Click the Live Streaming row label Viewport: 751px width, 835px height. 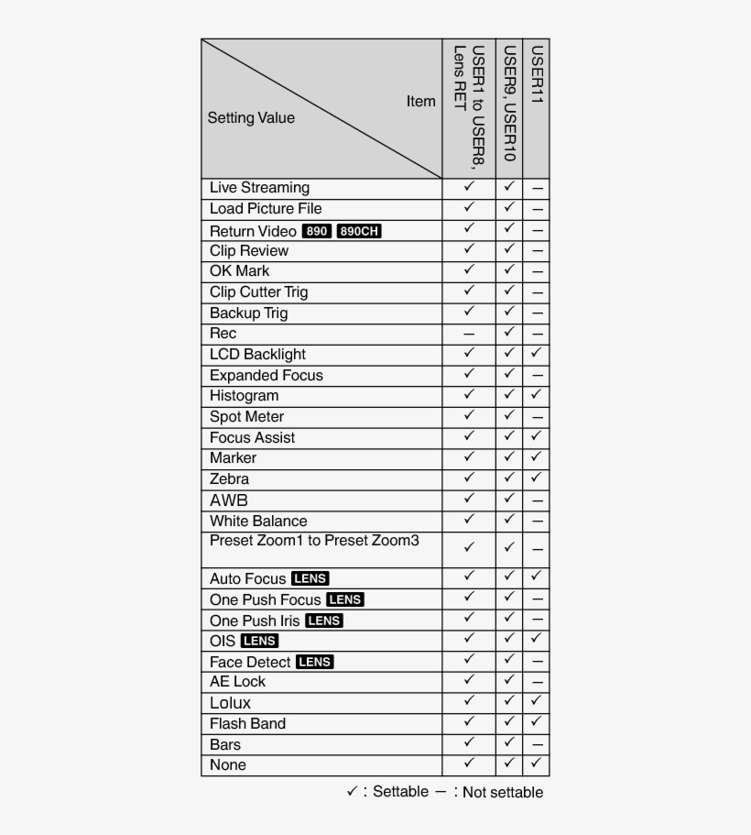point(259,188)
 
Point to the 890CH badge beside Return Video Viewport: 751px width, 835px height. point(358,231)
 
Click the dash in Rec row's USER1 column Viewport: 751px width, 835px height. point(469,335)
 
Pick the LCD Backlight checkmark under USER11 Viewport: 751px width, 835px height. point(537,354)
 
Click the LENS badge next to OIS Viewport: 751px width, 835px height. point(259,641)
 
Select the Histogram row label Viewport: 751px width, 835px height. point(244,396)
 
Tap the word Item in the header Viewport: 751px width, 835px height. point(421,101)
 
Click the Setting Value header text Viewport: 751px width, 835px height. point(251,117)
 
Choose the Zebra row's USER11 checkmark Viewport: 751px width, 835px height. point(537,478)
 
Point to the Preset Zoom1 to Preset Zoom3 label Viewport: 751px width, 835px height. point(314,541)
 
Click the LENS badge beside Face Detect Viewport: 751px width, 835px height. point(314,662)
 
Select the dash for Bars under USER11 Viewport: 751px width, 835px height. point(537,745)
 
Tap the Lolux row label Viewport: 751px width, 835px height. point(230,703)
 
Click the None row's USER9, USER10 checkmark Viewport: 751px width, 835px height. point(510,764)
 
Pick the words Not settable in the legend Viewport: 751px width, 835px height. point(503,793)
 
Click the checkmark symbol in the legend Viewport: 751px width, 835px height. point(352,792)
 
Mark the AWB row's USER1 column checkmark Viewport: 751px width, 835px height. point(469,500)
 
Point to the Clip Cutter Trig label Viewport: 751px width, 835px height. point(258,292)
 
